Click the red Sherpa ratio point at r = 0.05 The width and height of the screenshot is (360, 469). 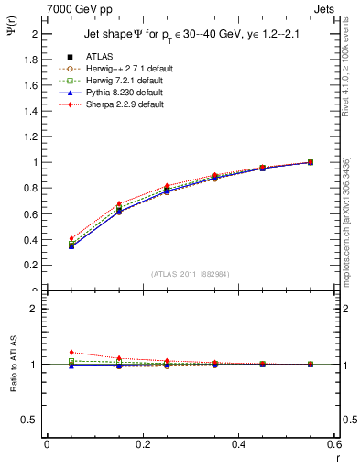point(71,352)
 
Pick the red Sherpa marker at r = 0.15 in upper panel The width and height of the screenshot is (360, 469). point(119,203)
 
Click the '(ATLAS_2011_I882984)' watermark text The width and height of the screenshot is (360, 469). point(191,272)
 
